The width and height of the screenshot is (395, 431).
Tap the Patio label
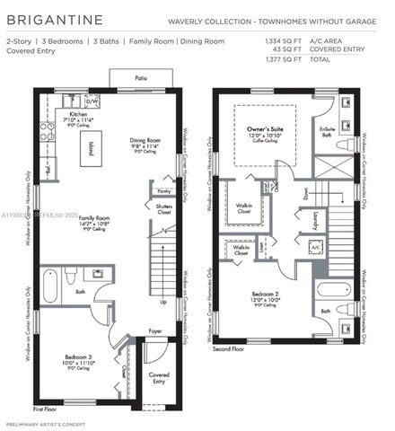141,79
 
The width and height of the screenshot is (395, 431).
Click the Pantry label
162,191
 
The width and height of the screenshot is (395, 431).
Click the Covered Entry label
159,376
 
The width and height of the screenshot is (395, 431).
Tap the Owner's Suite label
266,131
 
